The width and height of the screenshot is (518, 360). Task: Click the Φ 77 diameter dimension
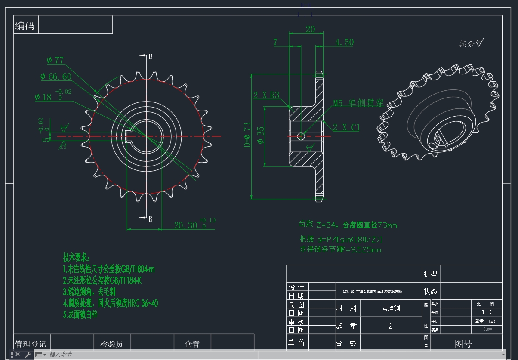click(55, 60)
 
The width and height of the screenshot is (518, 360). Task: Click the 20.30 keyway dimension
click(185, 225)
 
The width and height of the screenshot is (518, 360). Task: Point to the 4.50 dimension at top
click(344, 42)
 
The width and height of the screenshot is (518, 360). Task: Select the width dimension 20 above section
click(310, 29)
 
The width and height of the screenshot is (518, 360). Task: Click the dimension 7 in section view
click(275, 42)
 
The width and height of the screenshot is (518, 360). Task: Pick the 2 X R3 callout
click(266, 95)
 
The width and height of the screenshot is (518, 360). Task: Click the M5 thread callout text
click(358, 103)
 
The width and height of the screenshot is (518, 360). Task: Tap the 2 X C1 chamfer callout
click(346, 127)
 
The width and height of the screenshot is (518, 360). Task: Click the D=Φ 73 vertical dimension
click(247, 135)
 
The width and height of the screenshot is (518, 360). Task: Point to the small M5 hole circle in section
click(301, 136)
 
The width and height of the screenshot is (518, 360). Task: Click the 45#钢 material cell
click(391, 308)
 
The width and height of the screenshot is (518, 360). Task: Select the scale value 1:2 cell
click(486, 312)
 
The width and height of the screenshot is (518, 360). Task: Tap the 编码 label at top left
click(25, 25)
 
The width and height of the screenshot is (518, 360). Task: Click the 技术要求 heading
click(76, 258)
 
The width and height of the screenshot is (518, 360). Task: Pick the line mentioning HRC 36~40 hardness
click(111, 303)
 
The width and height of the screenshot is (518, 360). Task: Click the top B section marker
click(151, 56)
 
